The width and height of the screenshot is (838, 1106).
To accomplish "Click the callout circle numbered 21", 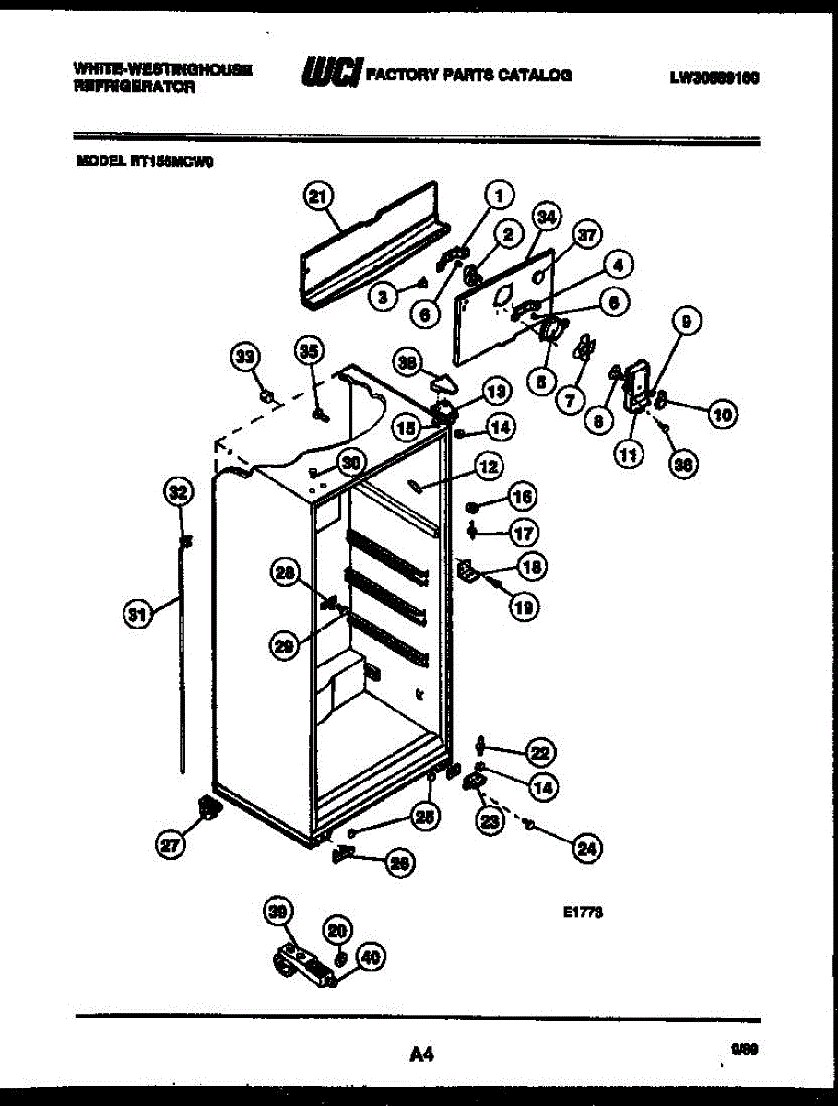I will (x=318, y=196).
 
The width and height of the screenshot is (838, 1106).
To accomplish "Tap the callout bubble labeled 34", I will (x=547, y=218).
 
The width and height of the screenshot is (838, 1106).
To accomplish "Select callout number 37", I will (x=587, y=235).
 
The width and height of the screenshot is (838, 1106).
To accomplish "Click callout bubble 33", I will (x=245, y=357).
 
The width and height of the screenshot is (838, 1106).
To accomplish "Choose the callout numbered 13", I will (x=496, y=392).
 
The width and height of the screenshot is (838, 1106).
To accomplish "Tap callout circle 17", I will (x=524, y=532).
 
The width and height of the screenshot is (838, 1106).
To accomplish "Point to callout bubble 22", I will (x=539, y=753).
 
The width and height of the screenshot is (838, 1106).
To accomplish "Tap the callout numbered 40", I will (x=369, y=959).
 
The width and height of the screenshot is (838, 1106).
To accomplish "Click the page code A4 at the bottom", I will (x=419, y=1053).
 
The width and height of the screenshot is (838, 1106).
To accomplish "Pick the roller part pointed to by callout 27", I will (x=207, y=808).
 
